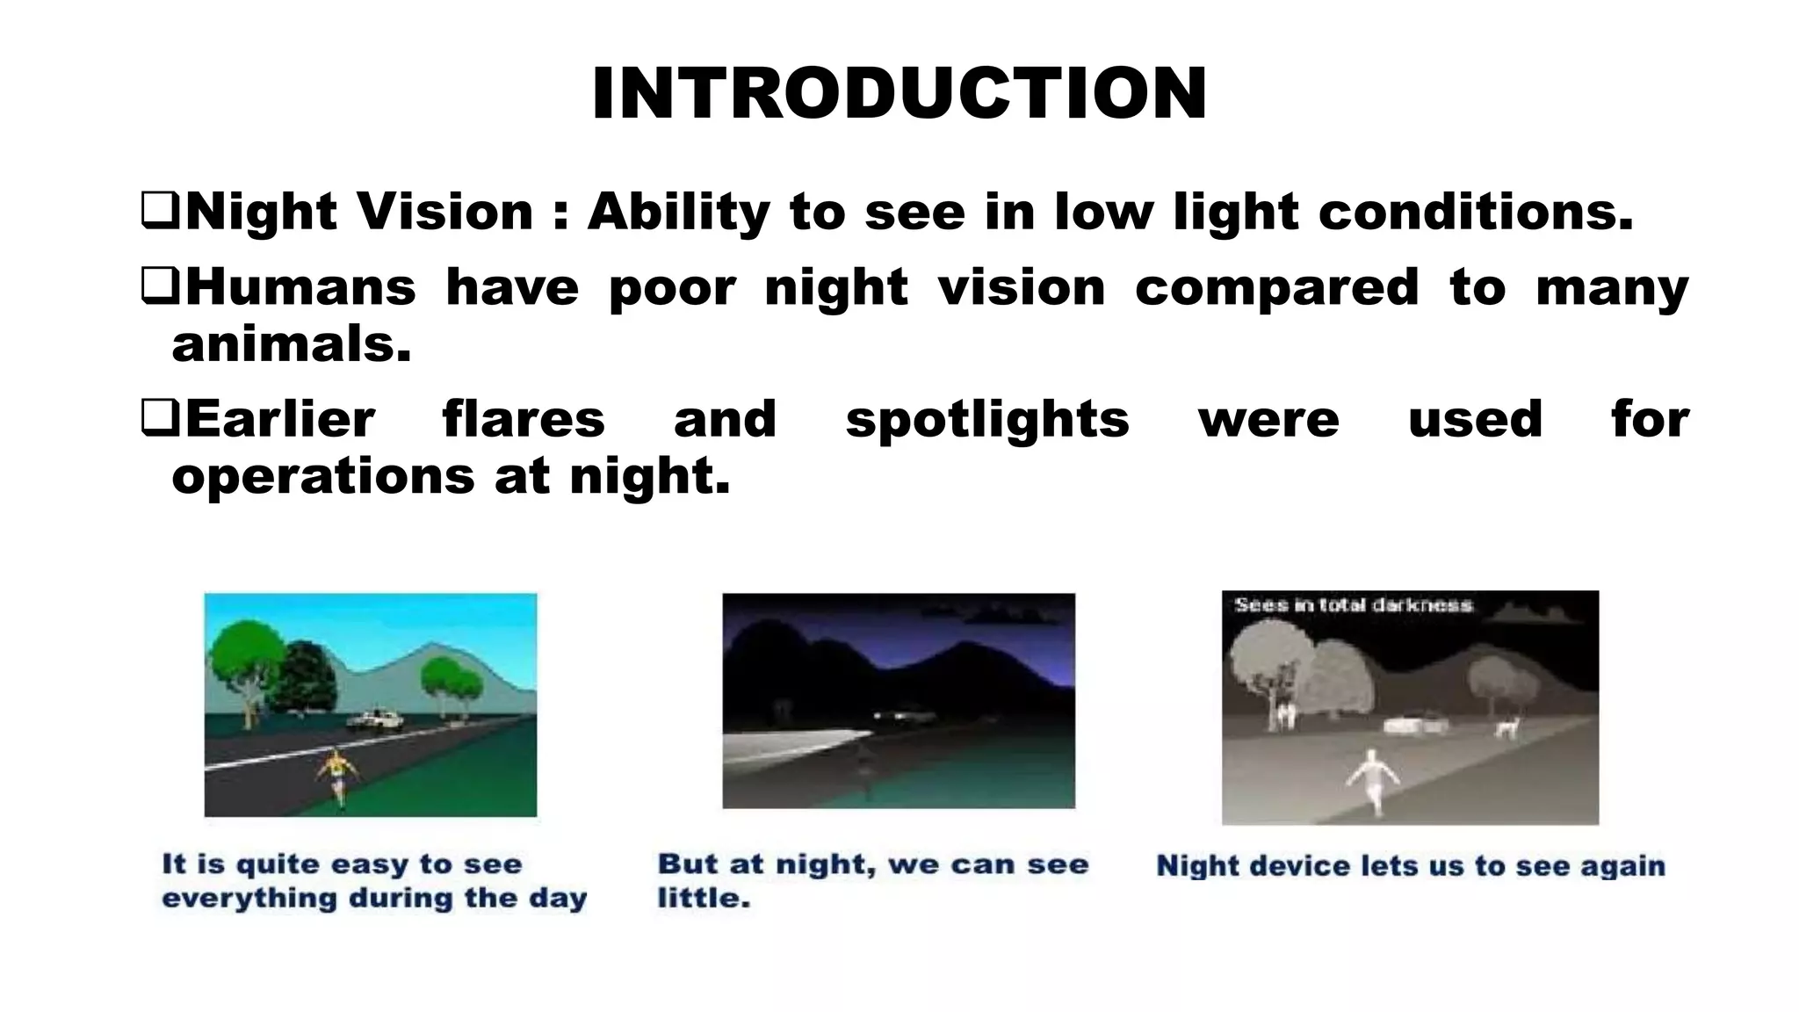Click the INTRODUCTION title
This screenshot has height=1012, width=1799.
(x=899, y=94)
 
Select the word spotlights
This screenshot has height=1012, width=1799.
(x=987, y=419)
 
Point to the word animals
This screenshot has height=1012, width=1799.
(x=291, y=344)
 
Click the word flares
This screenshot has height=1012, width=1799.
(x=524, y=419)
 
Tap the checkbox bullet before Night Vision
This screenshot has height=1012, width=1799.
(x=160, y=212)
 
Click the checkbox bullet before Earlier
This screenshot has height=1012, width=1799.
(x=160, y=418)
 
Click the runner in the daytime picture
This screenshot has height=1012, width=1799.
(x=337, y=773)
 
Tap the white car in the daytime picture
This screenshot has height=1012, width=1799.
(x=376, y=719)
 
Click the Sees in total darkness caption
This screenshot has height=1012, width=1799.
(x=1353, y=604)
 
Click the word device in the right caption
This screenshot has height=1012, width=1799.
(x=1300, y=866)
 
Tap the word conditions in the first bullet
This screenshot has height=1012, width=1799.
(x=1476, y=213)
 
